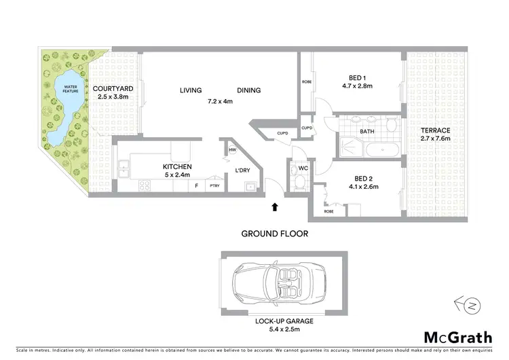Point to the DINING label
tap(249, 91)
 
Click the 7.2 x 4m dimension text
tap(220, 102)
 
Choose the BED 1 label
tap(356, 78)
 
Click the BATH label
tap(367, 132)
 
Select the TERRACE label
tap(436, 130)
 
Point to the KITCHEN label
tap(176, 166)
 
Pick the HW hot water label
tap(232, 150)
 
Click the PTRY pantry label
tap(214, 185)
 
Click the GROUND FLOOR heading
tap(275, 234)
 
